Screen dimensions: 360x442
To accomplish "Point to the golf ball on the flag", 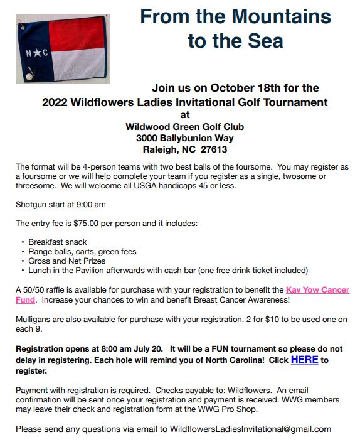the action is pyautogui.click(x=28, y=75).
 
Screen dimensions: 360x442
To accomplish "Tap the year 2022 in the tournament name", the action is pyautogui.click(x=56, y=102).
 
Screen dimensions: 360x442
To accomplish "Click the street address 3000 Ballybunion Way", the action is pyautogui.click(x=184, y=138).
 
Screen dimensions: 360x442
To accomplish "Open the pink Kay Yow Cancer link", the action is pyautogui.click(x=317, y=290).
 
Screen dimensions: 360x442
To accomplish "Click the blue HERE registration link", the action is pyautogui.click(x=304, y=360).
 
